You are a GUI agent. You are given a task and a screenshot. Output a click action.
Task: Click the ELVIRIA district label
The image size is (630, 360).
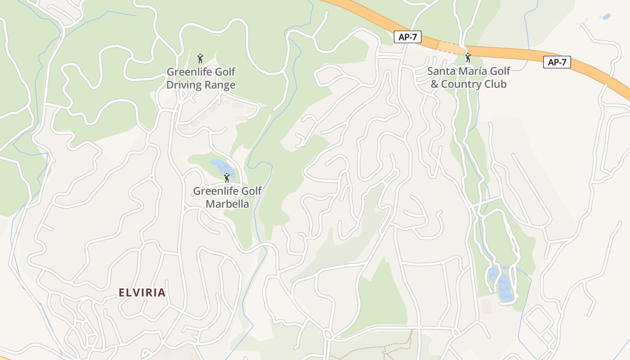click(142, 293)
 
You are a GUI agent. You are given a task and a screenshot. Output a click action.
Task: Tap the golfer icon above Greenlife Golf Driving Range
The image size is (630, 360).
click(200, 58)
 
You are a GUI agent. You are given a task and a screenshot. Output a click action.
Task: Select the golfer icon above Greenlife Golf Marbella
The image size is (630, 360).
click(227, 178)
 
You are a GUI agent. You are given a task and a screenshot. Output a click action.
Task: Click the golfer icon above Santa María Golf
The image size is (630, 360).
click(468, 58)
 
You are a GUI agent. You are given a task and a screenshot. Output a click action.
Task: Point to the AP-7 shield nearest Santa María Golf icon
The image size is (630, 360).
click(407, 37)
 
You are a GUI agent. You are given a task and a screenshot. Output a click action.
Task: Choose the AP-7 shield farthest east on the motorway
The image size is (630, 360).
click(557, 63)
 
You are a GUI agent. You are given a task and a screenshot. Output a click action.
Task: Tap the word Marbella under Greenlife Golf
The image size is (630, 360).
click(227, 204)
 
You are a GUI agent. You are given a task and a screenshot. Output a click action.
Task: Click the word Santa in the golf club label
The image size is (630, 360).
click(441, 71)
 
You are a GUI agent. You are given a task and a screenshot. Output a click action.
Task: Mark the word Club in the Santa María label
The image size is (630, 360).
click(496, 84)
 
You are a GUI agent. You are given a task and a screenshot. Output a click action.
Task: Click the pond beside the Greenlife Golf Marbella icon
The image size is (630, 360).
click(220, 166)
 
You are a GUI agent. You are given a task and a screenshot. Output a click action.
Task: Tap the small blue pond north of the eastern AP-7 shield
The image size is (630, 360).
click(606, 17)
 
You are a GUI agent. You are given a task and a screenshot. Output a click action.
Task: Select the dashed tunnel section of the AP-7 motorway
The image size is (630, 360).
click(451, 47)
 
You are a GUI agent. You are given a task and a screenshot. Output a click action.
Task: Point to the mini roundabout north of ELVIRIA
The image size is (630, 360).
click(152, 178)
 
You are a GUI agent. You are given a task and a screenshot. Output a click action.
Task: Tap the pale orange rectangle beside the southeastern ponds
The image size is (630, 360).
click(486, 306)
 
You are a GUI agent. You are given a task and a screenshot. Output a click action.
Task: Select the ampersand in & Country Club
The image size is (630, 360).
click(434, 84)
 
